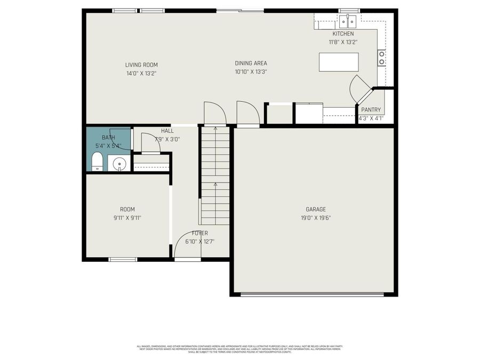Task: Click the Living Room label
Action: (141, 65)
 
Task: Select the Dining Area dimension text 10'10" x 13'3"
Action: (251, 71)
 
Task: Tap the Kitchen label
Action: (343, 34)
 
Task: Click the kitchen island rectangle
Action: (339, 62)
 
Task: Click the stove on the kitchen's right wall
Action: (381, 58)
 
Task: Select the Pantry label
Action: (371, 110)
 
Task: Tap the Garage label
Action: (316, 209)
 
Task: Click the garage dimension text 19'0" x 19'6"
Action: (316, 218)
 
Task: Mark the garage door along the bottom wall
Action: (313, 293)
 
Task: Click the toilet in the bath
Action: (97, 162)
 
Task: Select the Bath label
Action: (108, 138)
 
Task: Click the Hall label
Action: (167, 131)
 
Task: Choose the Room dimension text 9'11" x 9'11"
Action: (127, 218)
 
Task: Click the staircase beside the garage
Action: (215, 176)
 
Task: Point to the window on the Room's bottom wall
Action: (123, 260)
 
